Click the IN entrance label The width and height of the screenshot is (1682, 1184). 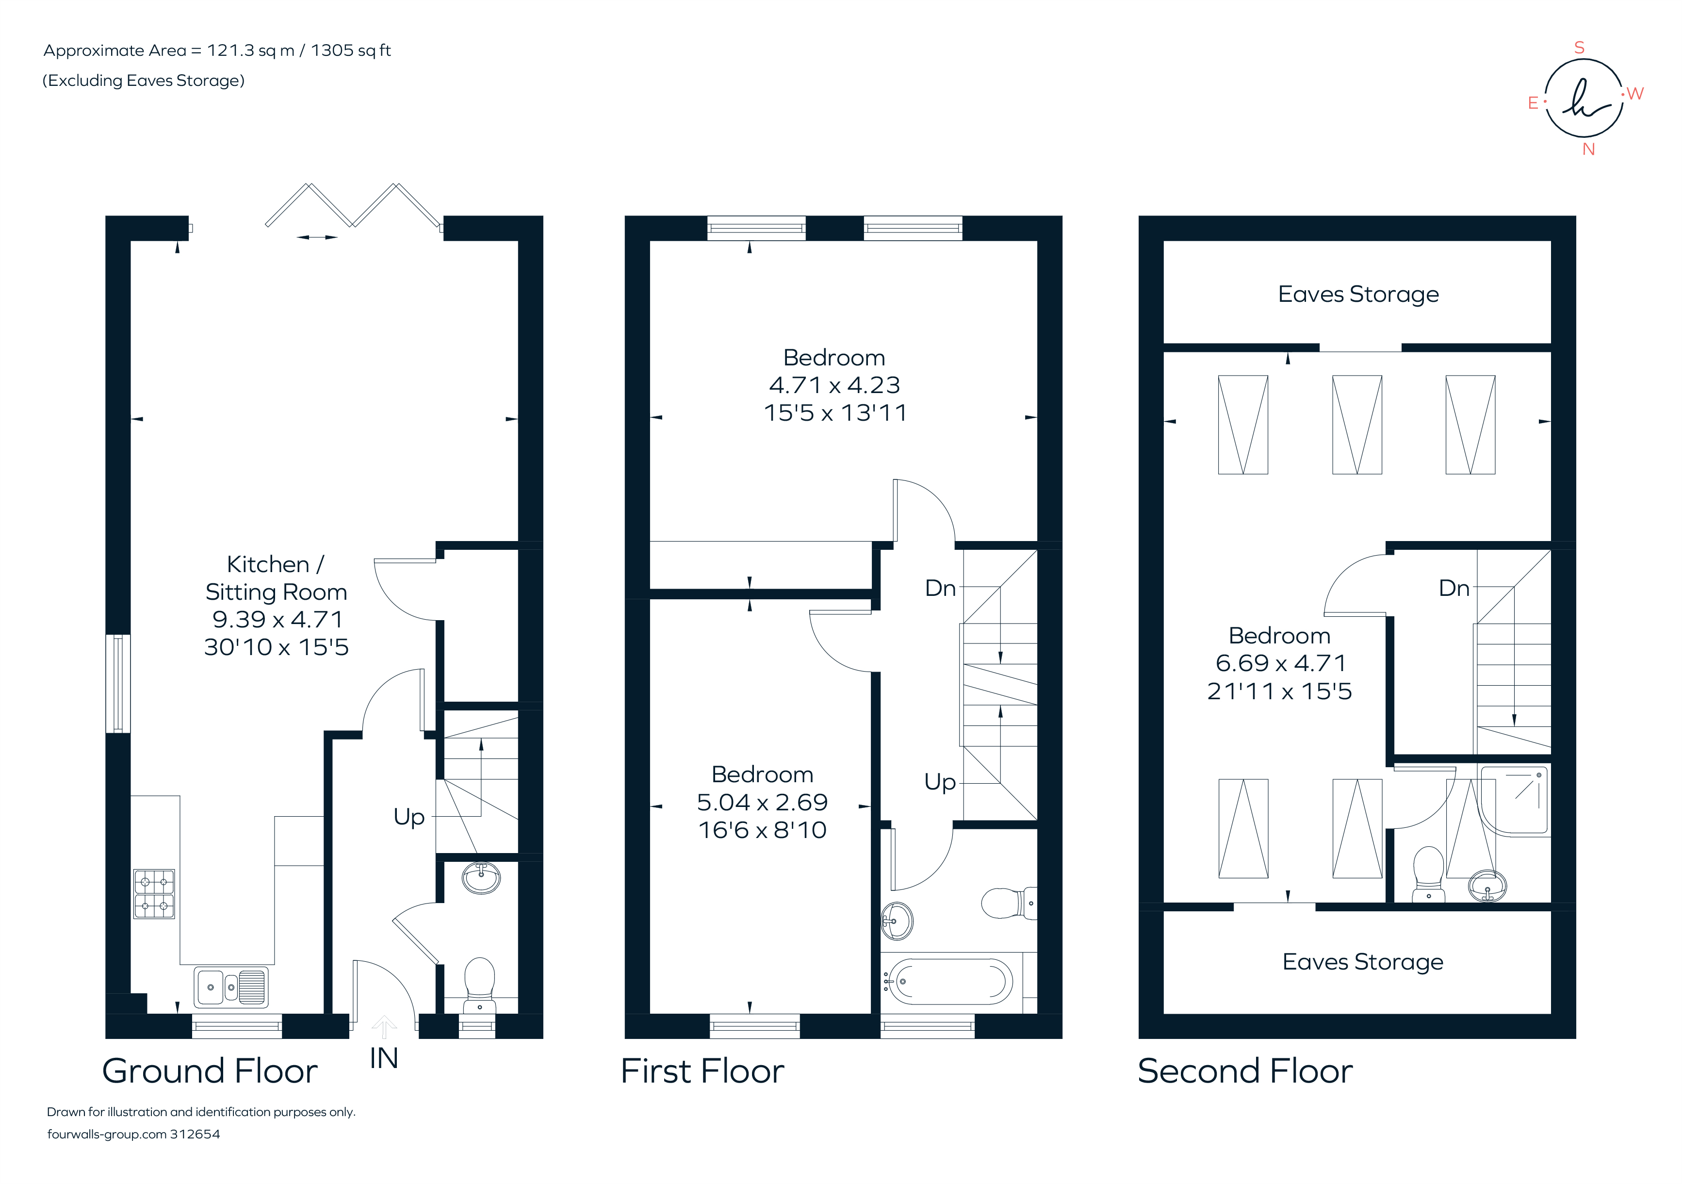383,1059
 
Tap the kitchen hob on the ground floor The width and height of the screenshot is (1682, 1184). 154,894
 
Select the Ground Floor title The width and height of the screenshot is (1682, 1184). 210,1071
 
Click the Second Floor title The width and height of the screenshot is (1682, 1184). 1245,1071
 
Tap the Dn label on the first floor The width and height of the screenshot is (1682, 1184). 940,588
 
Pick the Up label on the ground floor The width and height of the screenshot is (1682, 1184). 409,816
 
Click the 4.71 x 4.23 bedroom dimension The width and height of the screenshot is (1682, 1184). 834,385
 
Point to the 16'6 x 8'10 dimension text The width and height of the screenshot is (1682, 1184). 762,830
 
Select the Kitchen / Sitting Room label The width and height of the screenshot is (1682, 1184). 276,578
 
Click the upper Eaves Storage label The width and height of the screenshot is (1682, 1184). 1358,295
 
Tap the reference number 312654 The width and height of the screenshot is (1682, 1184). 195,1134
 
